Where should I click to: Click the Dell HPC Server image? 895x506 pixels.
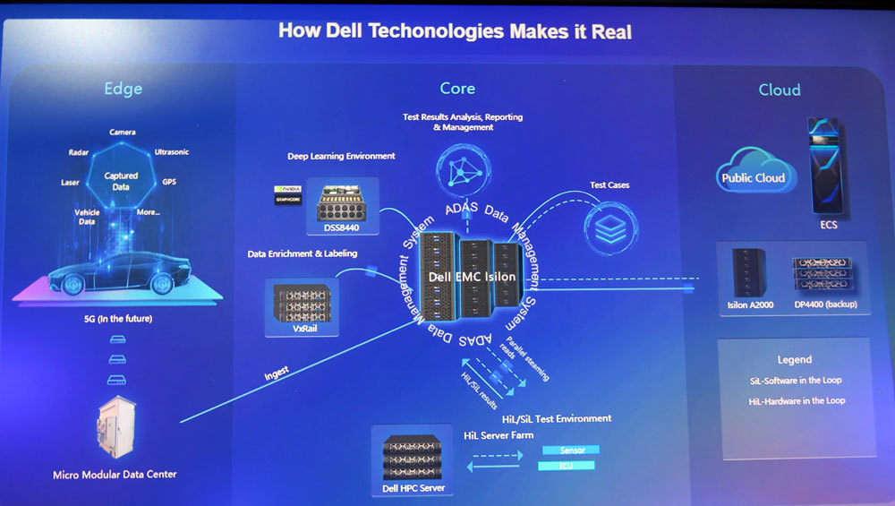tap(412, 456)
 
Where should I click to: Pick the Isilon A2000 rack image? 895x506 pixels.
tap(749, 272)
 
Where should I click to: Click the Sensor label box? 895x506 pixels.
tap(571, 450)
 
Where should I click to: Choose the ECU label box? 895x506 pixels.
tap(567, 466)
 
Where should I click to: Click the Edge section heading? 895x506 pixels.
tap(123, 89)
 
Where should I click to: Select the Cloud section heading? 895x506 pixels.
tap(779, 90)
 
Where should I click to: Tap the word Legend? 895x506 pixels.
tap(795, 359)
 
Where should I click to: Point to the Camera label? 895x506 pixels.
tap(123, 133)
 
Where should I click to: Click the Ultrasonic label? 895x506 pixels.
tap(171, 152)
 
